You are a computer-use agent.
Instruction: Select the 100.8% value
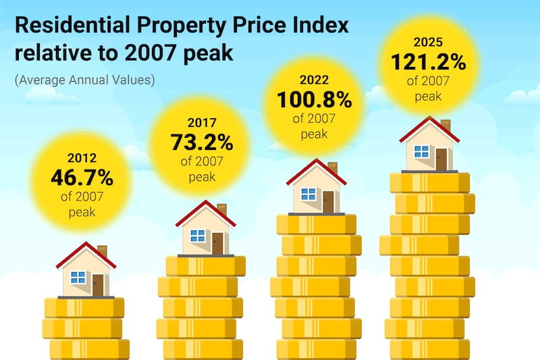[x=314, y=101]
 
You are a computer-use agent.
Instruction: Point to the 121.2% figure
[x=429, y=63]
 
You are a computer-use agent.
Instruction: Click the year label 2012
[x=82, y=159]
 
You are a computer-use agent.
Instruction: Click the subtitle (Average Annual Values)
[x=84, y=80]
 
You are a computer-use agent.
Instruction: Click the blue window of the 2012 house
[x=78, y=276]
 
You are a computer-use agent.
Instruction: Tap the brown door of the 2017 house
[x=217, y=243]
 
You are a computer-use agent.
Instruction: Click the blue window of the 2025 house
[x=422, y=151]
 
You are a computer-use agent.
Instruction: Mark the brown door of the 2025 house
[x=441, y=159]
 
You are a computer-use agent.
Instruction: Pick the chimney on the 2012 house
[x=102, y=251]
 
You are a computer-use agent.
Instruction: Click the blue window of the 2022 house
[x=308, y=194]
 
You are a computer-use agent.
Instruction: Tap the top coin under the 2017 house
[x=206, y=265]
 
